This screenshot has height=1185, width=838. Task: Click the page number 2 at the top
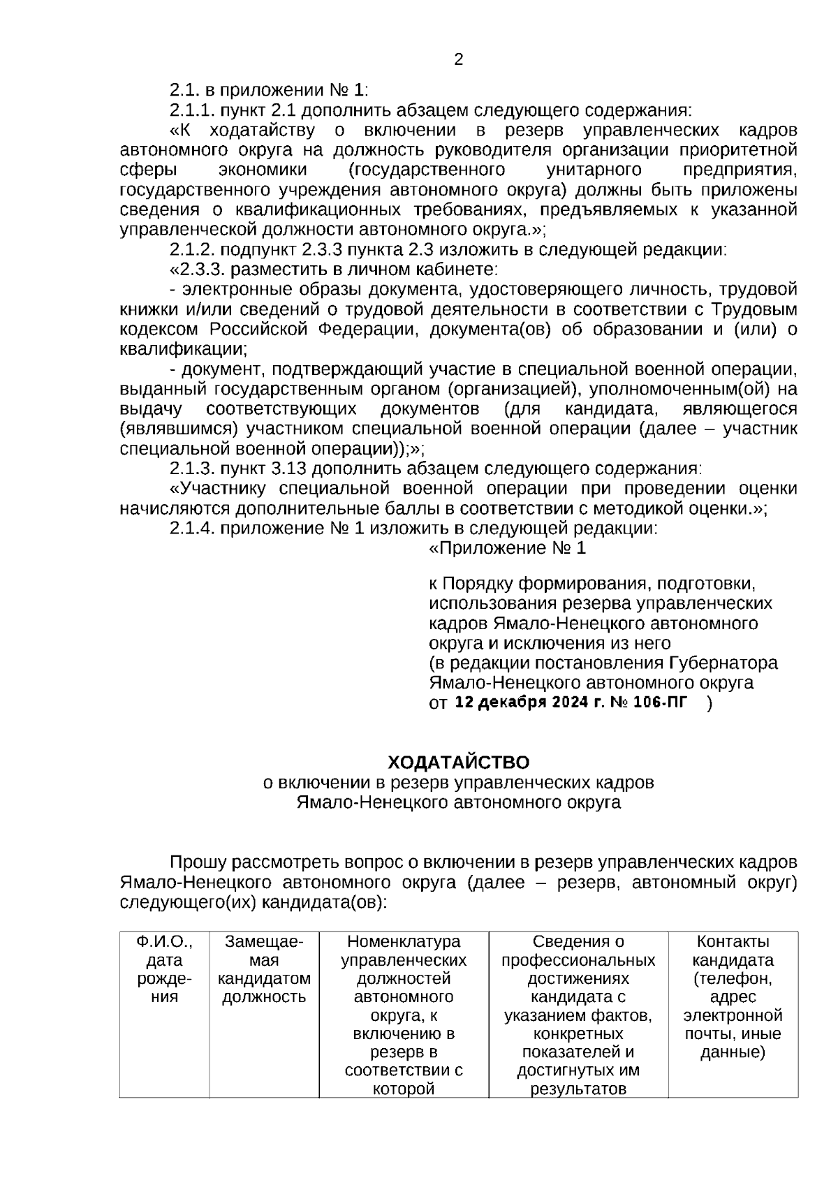[458, 60]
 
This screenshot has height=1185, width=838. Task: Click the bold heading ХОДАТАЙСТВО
[458, 762]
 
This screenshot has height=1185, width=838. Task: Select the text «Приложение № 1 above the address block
[507, 548]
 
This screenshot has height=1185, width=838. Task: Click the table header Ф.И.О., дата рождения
[164, 969]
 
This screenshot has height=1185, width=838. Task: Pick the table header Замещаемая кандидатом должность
[264, 969]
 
